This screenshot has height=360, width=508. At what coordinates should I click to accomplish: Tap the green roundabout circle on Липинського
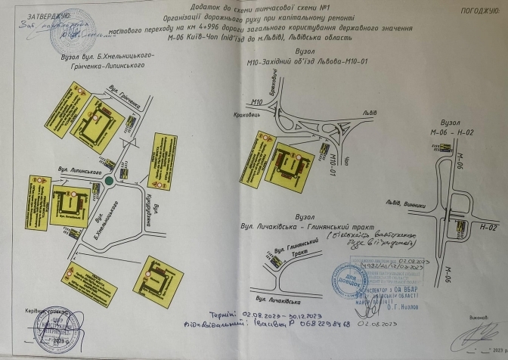coord(111,180)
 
